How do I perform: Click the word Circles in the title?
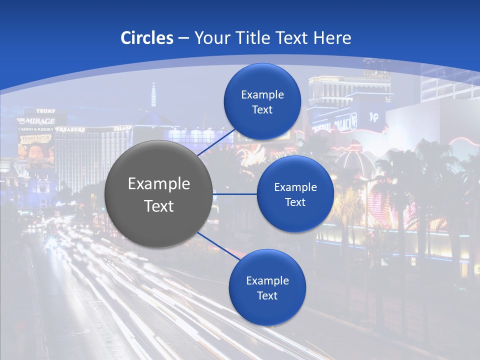(146, 38)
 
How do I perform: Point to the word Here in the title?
(332, 38)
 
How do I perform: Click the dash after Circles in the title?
(183, 38)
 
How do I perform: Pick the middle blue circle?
(295, 194)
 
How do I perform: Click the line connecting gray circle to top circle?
(216, 143)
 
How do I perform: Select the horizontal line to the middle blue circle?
(234, 194)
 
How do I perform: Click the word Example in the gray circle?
(159, 184)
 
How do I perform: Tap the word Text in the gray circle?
(159, 206)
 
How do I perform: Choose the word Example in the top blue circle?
(262, 94)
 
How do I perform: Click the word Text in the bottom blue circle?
(267, 295)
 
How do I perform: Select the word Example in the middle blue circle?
(295, 187)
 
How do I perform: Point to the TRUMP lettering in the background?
(45, 110)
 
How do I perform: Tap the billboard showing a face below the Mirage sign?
(36, 152)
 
